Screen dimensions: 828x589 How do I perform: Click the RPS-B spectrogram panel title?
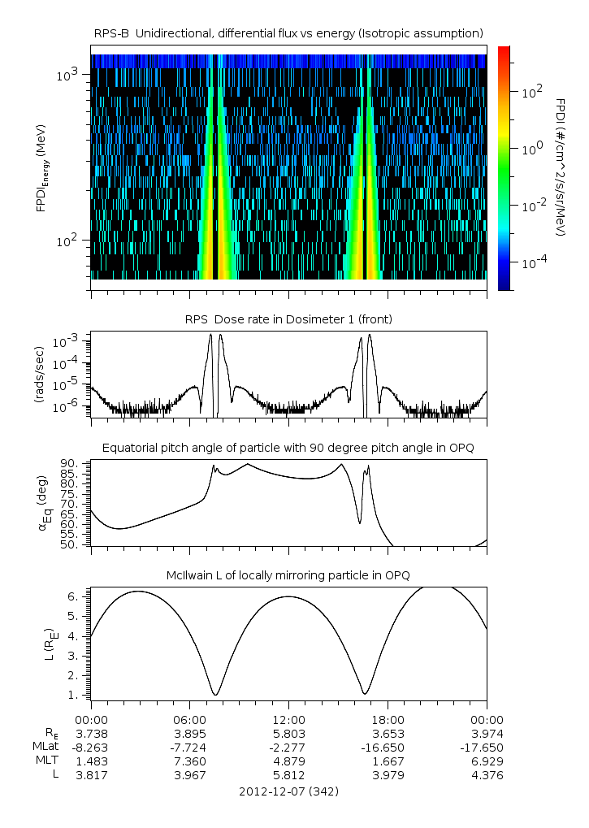point(288,33)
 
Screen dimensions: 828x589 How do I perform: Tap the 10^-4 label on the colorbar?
point(533,262)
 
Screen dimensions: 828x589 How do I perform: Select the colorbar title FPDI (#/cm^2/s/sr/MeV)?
point(561,167)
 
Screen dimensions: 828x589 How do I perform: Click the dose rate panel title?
point(288,319)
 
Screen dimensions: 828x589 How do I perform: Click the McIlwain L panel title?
point(288,575)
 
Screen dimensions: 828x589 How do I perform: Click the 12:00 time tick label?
point(288,719)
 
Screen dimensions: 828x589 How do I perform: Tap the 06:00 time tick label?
point(189,719)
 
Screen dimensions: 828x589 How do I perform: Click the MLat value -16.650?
point(388,747)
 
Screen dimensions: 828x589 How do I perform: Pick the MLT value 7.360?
point(189,761)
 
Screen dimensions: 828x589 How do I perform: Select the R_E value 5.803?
point(288,733)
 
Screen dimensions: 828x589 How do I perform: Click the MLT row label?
point(43,761)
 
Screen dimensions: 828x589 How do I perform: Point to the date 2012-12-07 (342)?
point(288,791)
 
